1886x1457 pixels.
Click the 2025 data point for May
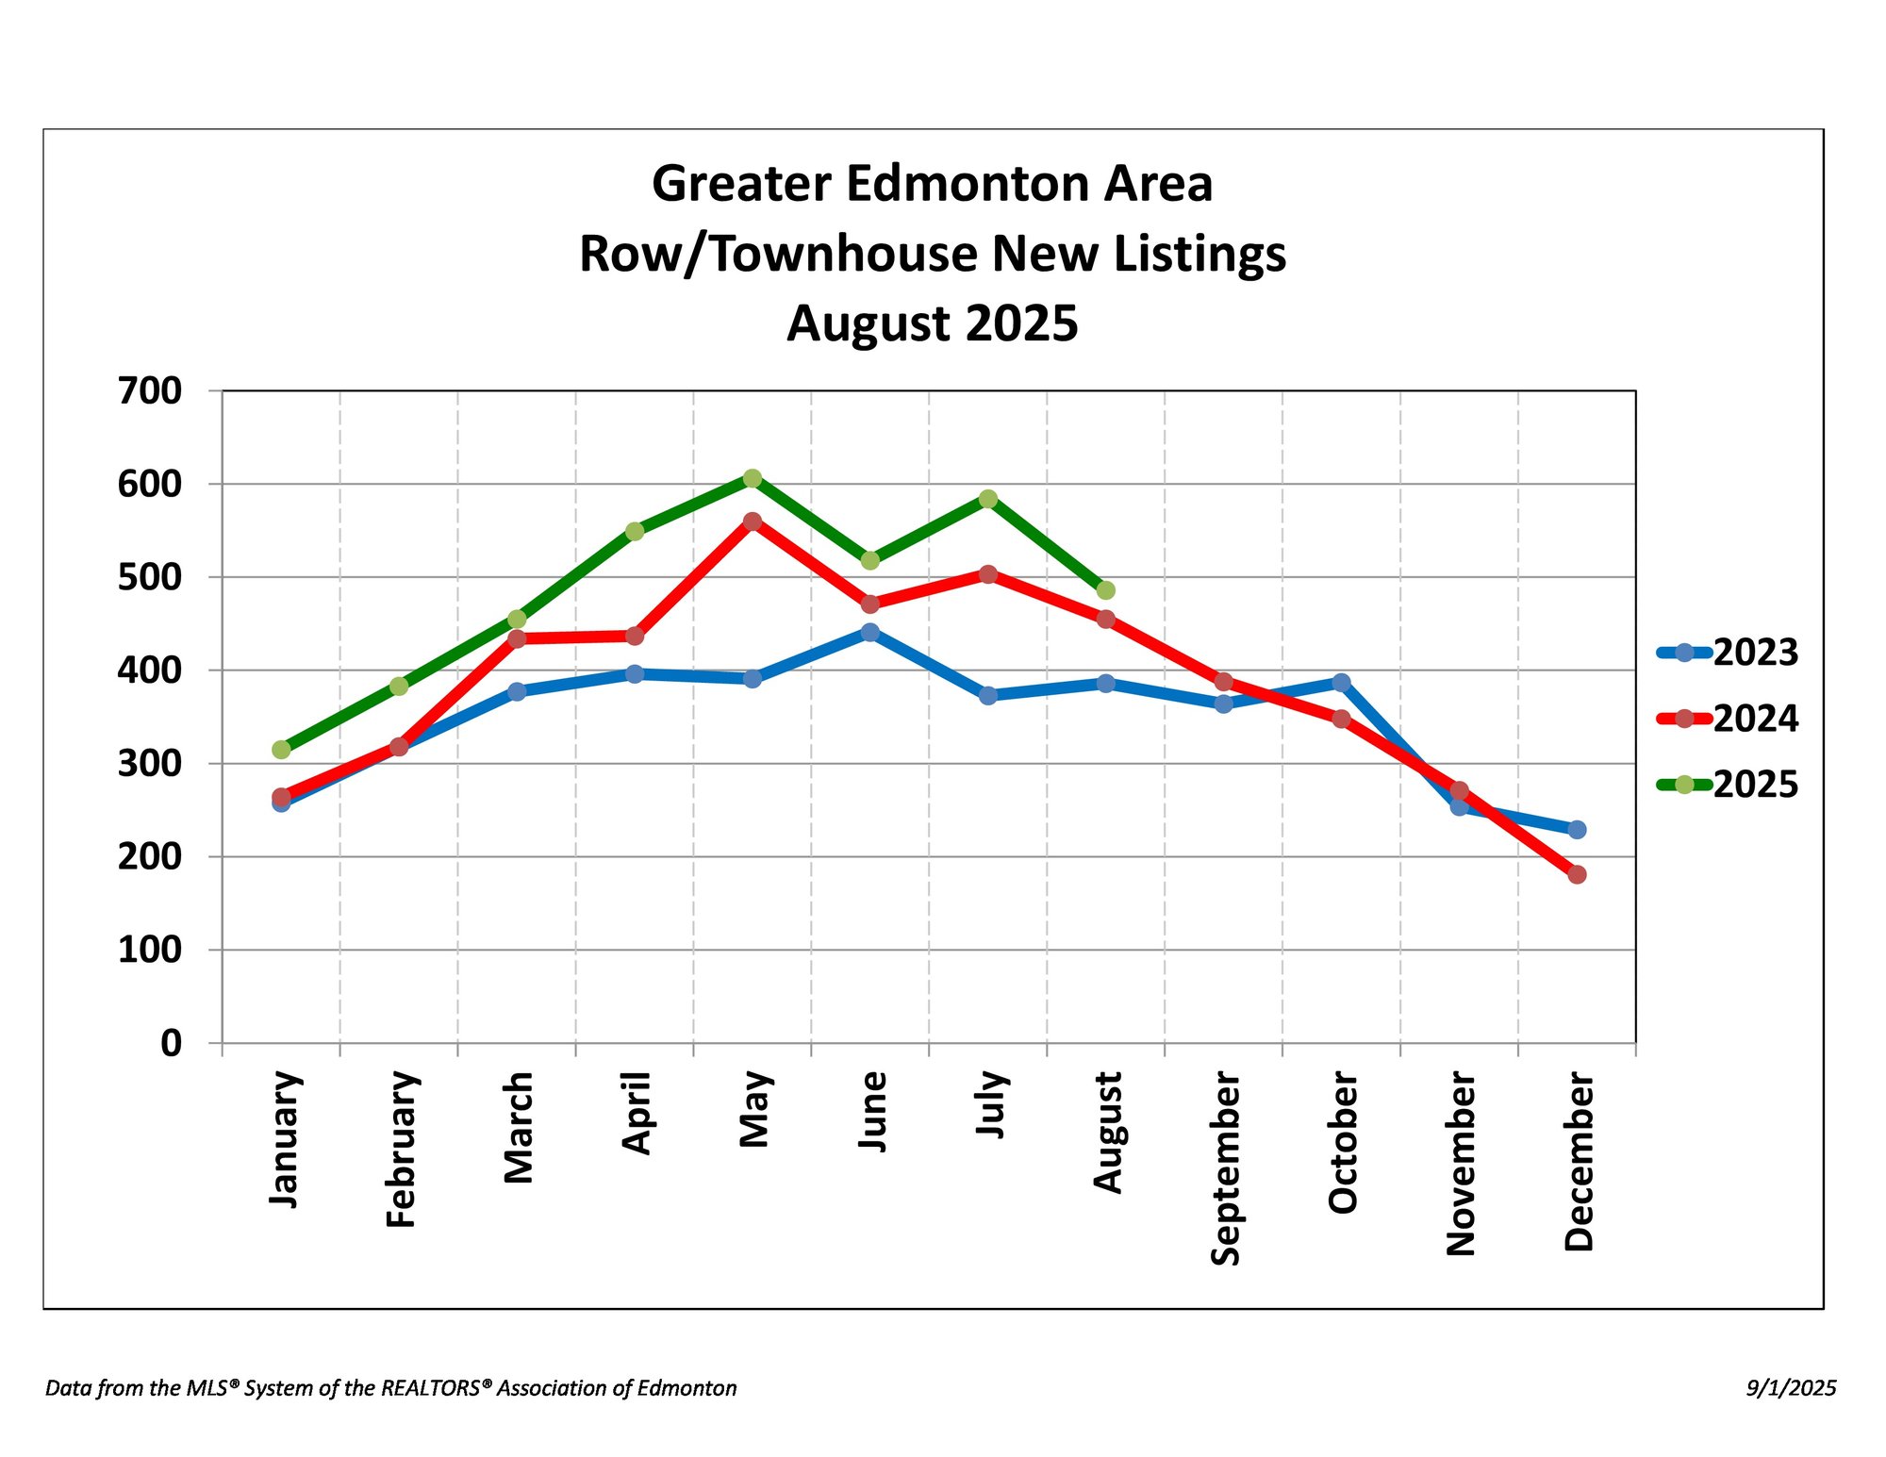[753, 479]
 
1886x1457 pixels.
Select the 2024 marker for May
[753, 522]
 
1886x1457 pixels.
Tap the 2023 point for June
[870, 632]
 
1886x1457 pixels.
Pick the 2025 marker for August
[1106, 590]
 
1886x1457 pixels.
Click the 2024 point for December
[1577, 874]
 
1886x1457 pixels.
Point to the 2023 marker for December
[1577, 830]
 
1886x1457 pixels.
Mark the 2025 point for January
[281, 750]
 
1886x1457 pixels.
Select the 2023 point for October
[1341, 683]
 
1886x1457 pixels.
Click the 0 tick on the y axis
[171, 1043]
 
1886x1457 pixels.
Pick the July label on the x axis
[990, 1104]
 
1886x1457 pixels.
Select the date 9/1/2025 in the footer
[1791, 1388]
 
